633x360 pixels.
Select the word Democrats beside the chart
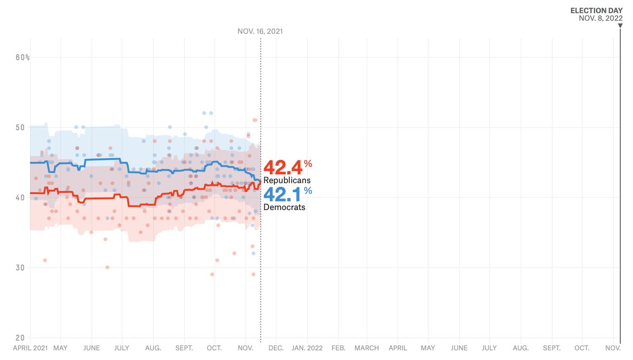coord(284,207)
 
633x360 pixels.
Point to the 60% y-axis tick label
coord(22,57)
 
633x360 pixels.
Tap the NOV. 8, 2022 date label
coord(600,18)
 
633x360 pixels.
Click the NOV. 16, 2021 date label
coord(260,32)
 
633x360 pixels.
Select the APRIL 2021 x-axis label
coord(31,348)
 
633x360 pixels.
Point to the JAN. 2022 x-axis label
coord(307,348)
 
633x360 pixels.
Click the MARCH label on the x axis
coord(367,348)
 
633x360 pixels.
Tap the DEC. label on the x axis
coord(276,348)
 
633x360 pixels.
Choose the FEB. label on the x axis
coord(338,348)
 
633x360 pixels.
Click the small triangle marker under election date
coord(620,24)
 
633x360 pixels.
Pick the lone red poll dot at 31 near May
coord(45,260)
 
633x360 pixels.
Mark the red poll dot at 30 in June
coord(107,267)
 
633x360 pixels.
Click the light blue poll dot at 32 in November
coord(253,253)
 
